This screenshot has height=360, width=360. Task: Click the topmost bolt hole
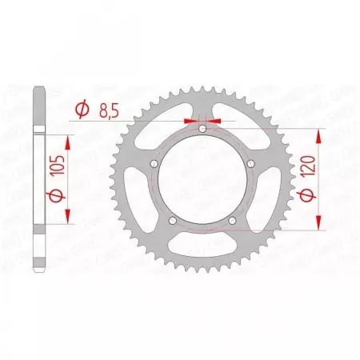pos(202,129)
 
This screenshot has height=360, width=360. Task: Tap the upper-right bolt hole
pos(250,164)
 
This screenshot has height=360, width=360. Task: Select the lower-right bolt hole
pos(232,221)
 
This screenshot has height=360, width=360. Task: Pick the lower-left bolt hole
pos(173,221)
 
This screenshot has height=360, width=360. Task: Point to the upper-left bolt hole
pos(154,164)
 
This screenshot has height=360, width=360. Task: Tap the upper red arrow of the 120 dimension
pos(319,134)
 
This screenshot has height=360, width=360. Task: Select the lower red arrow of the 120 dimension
pos(319,225)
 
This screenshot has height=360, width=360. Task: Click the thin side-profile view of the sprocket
pos(37,180)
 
